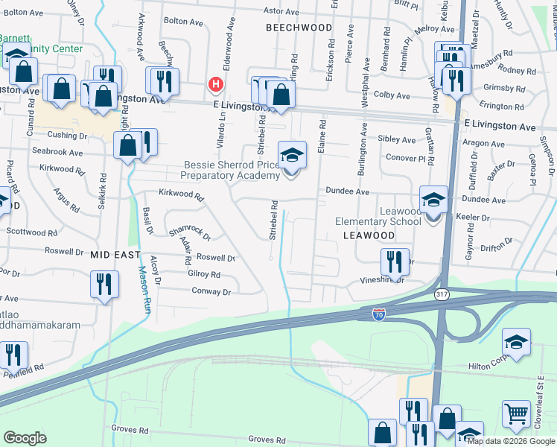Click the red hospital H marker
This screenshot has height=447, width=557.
point(216,85)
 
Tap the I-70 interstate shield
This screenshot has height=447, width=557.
point(378,314)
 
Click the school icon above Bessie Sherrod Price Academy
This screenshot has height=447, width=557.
point(292,156)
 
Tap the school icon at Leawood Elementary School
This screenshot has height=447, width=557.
point(434,200)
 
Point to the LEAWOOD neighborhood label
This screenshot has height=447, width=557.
point(369,235)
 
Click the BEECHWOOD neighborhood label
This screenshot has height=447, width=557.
point(299,28)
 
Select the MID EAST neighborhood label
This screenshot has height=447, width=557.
point(115,254)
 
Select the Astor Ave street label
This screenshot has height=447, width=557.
point(281,11)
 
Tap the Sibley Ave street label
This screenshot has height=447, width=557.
point(397,139)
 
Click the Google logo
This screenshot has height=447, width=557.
point(25,438)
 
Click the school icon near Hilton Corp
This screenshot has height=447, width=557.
point(516,343)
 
